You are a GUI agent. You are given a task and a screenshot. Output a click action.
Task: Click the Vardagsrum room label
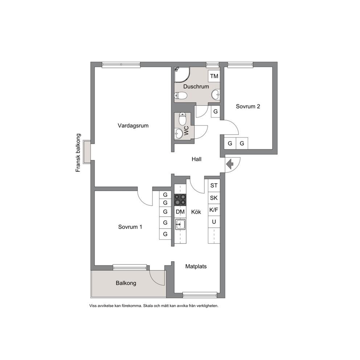point(133,126)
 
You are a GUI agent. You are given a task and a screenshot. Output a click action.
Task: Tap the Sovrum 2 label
point(248,106)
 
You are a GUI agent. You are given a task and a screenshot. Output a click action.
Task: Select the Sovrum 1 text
point(130,227)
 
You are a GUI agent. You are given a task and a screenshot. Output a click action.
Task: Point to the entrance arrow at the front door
point(230,164)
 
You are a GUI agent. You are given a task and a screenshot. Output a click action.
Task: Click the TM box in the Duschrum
point(214,76)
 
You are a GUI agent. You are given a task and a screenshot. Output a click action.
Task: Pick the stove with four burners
point(180,200)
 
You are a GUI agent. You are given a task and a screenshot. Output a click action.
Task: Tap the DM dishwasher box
point(180,212)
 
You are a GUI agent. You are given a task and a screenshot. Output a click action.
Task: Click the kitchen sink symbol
point(180,224)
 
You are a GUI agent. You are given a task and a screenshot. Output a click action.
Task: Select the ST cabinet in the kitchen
point(214,185)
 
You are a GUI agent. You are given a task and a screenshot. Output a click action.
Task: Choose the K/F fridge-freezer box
point(214,210)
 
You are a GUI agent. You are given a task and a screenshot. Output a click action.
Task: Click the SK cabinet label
point(214,198)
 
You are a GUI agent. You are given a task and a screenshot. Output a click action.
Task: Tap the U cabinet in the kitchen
point(214,222)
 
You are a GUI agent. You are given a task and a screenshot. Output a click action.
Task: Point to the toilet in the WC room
point(182,119)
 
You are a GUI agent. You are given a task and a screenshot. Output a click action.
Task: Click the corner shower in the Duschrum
point(182,74)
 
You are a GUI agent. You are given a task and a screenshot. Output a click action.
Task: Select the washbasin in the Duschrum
point(216,95)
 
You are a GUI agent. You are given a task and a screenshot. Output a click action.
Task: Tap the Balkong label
point(126,283)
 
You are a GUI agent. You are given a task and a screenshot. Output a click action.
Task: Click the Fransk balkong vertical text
point(78,153)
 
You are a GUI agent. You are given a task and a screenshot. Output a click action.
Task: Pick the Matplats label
point(196,266)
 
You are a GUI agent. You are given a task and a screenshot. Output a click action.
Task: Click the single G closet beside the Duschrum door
point(215,111)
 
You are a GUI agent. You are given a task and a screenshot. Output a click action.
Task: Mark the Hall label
point(197,159)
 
